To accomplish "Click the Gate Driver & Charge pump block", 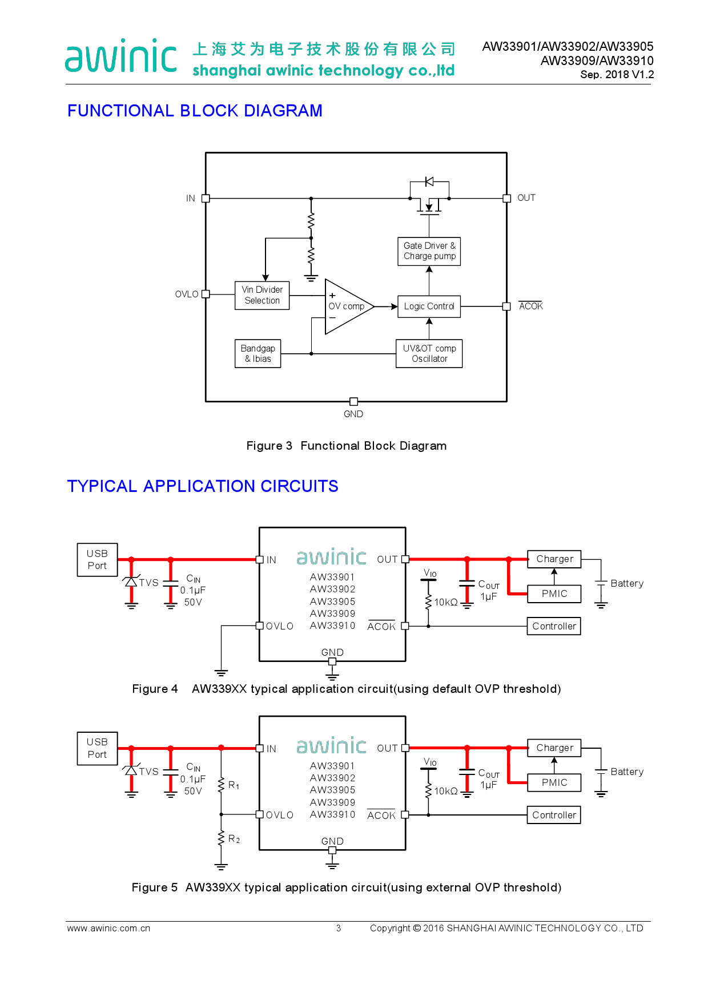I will [x=429, y=251].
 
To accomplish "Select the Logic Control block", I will [x=429, y=306].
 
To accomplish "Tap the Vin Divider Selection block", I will [x=262, y=295].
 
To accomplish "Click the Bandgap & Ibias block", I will [x=258, y=354].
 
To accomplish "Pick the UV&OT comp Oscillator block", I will [x=429, y=354].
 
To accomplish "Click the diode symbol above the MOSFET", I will [x=429, y=181].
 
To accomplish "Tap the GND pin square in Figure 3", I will [x=353, y=402].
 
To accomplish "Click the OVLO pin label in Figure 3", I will [x=187, y=294].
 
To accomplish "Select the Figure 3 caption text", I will [x=346, y=446].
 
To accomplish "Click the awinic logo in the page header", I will [x=121, y=56].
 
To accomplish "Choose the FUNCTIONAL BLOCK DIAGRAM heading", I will [x=195, y=111].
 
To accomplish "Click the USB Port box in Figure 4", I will [x=98, y=560].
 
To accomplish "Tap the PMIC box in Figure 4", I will [x=554, y=594].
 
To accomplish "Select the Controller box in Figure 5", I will [x=554, y=815].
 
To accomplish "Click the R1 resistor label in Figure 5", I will [x=234, y=785].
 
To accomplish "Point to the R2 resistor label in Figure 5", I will [x=234, y=839].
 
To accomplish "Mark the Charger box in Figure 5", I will [x=554, y=748].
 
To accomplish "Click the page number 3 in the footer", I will [x=339, y=929].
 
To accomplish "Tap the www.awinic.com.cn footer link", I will [x=108, y=929].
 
